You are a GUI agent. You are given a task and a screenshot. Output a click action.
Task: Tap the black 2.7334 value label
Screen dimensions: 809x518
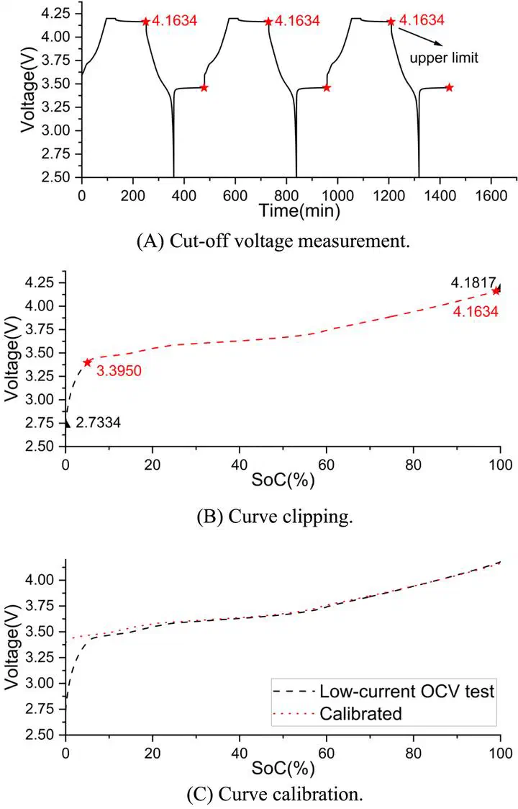point(98,423)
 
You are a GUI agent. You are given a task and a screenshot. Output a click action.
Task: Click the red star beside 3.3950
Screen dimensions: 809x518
point(88,362)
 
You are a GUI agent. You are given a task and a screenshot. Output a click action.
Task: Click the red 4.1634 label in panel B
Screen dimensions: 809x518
point(476,311)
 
